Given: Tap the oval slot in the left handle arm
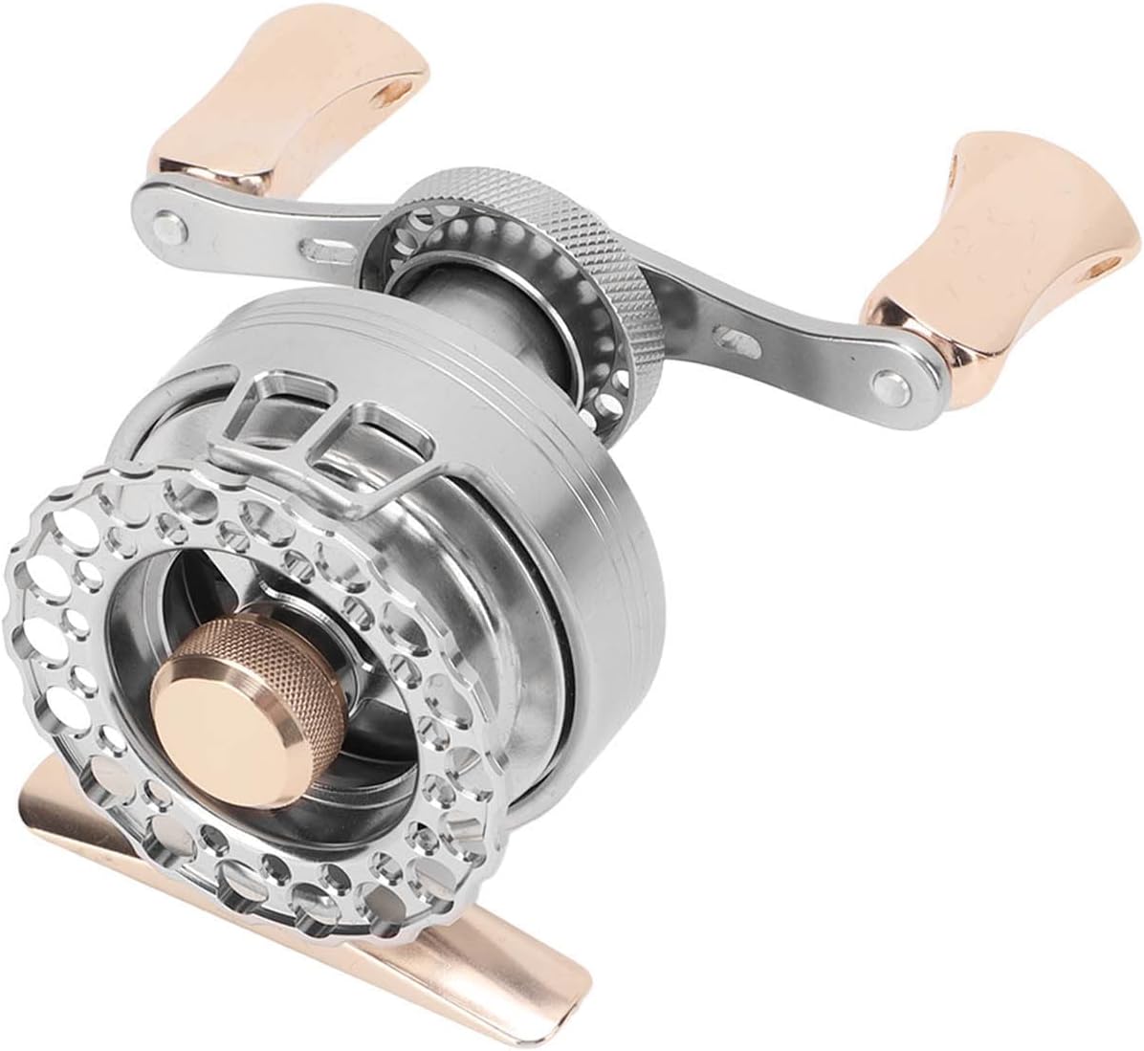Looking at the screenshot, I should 315,257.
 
